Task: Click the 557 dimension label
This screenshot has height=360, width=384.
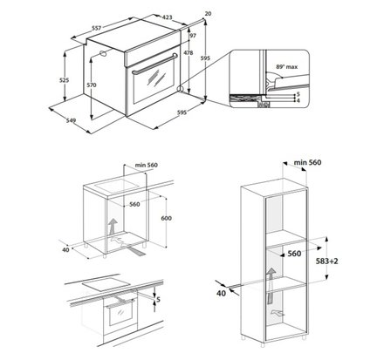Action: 96,28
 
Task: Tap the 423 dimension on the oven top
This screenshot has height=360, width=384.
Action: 167,17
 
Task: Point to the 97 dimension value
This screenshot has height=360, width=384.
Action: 193,36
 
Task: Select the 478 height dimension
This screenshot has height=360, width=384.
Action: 189,53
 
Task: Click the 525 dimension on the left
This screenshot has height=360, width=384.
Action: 64,80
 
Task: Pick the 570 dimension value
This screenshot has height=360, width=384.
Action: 92,85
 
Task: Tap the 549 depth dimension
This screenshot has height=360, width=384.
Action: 72,120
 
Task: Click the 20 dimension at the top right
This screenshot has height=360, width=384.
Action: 208,14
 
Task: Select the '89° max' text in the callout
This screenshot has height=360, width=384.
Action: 287,67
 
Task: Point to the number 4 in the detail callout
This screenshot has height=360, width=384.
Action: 298,100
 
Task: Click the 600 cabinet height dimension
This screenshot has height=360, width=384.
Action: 166,218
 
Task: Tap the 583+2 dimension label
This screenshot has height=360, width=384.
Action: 327,262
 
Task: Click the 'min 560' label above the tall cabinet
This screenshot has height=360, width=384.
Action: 307,162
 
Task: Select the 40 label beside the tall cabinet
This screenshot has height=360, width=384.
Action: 221,293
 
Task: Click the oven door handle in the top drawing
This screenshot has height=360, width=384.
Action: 154,64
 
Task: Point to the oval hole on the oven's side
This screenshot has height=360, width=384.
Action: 103,53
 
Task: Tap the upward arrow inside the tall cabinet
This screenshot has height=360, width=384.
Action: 271,286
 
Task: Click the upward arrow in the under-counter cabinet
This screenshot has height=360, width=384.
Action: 113,227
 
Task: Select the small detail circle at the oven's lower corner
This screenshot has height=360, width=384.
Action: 181,89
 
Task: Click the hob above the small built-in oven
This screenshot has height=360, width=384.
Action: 106,284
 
